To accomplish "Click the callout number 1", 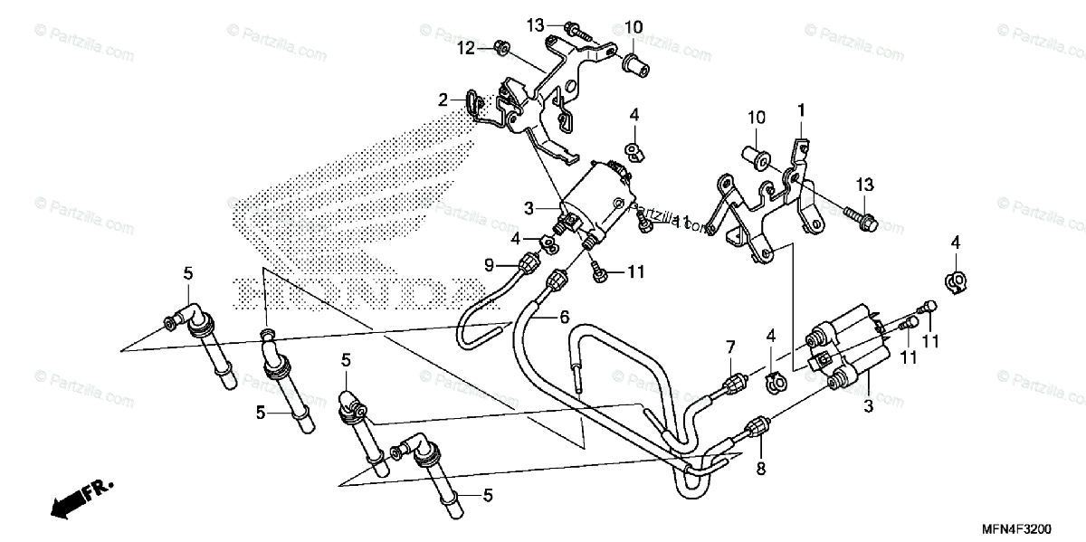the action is pyautogui.click(x=801, y=110).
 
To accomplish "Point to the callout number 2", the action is pyautogui.click(x=443, y=100).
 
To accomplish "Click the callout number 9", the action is pyautogui.click(x=489, y=265).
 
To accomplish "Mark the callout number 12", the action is pyautogui.click(x=465, y=46).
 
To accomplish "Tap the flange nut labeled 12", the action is pyautogui.click(x=503, y=46).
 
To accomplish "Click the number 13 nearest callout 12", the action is pyautogui.click(x=534, y=24).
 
